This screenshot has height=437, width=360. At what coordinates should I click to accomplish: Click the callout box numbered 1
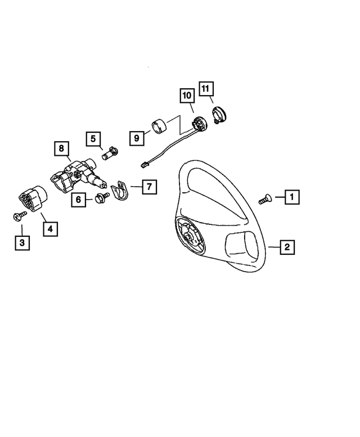click(x=292, y=197)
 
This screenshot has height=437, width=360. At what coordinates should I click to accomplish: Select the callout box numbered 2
click(x=286, y=246)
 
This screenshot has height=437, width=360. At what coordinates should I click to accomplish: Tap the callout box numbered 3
click(x=22, y=243)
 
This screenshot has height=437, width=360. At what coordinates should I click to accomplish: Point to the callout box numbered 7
click(x=149, y=186)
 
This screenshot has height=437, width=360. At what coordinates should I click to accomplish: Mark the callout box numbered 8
click(x=61, y=149)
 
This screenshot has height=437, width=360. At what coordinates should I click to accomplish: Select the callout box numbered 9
click(x=136, y=137)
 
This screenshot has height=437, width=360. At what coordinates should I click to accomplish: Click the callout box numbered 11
click(x=205, y=89)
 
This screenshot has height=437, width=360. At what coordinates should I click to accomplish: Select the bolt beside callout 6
click(x=101, y=197)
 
